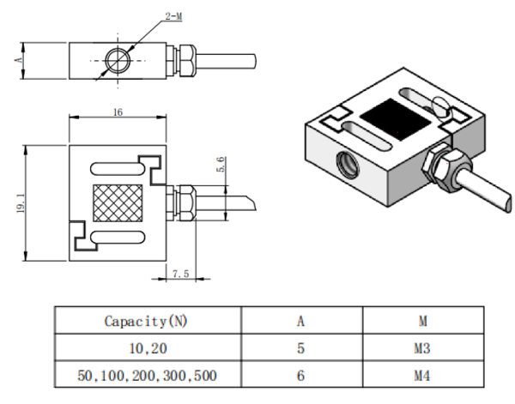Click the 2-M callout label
(173, 16)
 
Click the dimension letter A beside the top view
(19, 60)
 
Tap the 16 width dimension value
(118, 112)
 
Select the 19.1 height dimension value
(21, 202)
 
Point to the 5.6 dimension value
(221, 165)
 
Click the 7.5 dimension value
(181, 274)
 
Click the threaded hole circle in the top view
(118, 60)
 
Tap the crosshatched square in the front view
(118, 203)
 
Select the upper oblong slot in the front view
(117, 169)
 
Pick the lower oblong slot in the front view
(118, 238)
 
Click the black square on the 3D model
(396, 119)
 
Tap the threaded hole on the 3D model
(348, 164)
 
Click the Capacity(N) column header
(146, 321)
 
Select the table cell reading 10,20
(148, 348)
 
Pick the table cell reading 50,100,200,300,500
(147, 376)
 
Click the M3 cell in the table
(422, 348)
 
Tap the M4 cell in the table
(422, 376)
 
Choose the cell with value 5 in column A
(300, 348)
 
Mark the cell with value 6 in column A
(300, 376)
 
